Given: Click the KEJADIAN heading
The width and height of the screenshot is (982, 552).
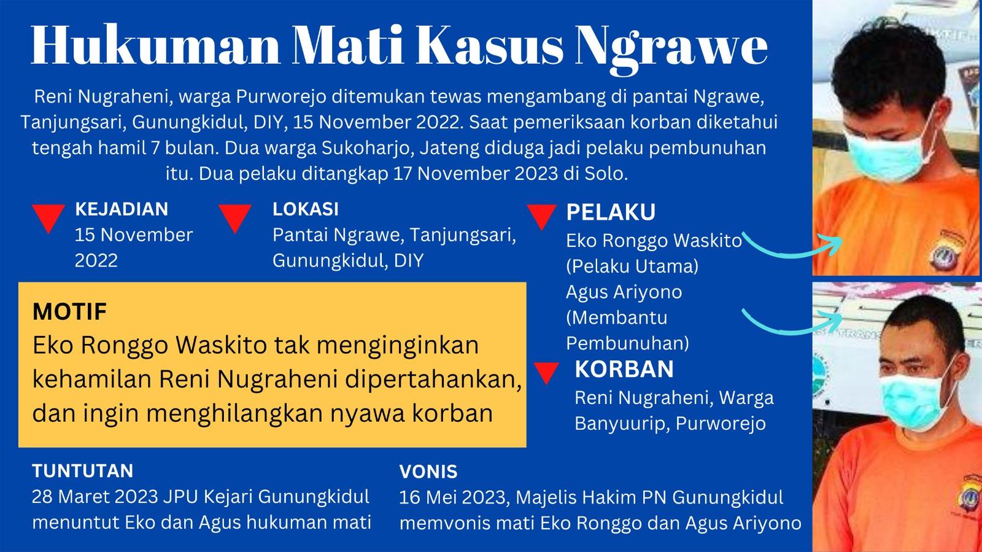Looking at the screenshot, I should (x=122, y=209).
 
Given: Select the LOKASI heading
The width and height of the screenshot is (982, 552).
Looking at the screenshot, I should (x=306, y=209).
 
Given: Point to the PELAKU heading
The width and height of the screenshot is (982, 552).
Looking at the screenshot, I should (x=611, y=212).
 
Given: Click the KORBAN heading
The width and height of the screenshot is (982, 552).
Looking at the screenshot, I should (x=624, y=369).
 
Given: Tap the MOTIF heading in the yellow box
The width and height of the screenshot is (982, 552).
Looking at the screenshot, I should (x=69, y=312).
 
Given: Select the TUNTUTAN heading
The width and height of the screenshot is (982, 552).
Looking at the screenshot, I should (x=83, y=471).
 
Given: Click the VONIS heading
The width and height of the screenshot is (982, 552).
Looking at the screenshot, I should (x=428, y=472).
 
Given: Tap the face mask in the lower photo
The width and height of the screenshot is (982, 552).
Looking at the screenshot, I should (x=911, y=393).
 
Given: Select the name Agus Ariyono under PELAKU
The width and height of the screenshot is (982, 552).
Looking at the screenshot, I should (x=624, y=292).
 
